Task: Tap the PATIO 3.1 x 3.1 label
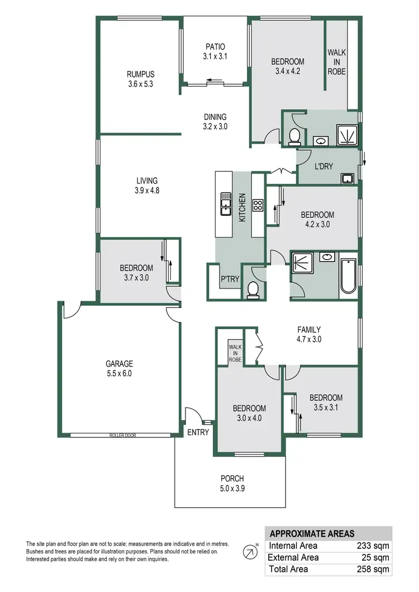(215, 51)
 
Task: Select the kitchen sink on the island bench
(226, 203)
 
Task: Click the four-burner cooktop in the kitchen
(258, 205)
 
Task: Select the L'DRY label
(325, 166)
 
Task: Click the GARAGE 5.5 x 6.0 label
(120, 369)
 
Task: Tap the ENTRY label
(198, 432)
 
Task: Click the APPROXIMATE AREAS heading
(312, 533)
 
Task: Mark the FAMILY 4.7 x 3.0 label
(309, 334)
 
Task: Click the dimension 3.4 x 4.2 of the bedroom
(288, 71)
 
